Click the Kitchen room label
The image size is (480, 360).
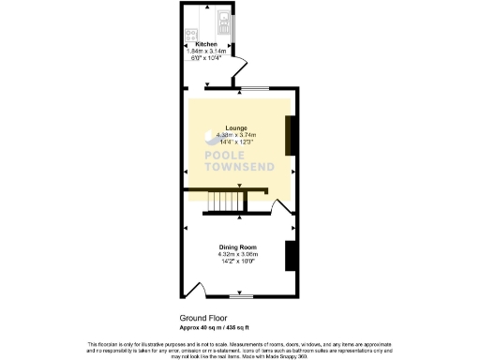point(205,44)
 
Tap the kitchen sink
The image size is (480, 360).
point(222,18)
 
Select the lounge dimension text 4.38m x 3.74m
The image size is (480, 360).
point(239,135)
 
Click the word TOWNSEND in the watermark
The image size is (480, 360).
point(240,168)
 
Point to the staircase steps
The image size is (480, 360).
point(223,202)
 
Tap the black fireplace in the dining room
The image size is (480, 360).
point(291,254)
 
